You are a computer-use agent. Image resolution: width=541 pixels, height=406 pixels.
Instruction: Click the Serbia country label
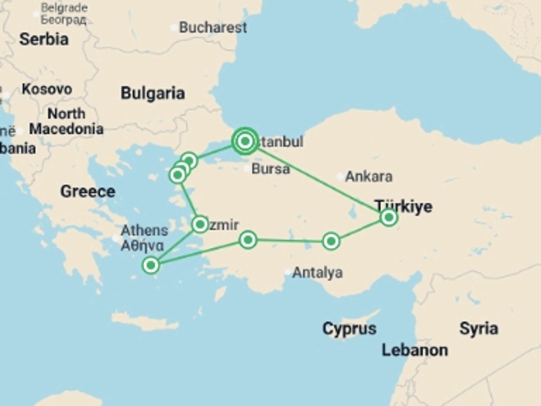[44, 39]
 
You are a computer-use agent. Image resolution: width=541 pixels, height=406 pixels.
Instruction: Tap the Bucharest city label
[213, 27]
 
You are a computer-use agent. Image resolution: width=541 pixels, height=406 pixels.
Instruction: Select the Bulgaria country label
[153, 93]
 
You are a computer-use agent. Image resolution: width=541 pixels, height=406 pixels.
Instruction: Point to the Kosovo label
[47, 89]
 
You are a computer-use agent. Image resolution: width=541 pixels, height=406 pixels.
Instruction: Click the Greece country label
[88, 191]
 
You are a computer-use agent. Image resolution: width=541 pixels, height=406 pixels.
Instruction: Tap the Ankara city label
[369, 176]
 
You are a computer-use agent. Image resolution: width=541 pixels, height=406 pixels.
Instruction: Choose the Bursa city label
[270, 169]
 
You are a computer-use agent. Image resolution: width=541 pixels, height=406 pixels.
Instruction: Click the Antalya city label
[317, 273]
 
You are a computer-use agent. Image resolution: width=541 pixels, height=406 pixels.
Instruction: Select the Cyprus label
[349, 328]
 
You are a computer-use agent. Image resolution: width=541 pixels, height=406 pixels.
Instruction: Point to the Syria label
[478, 328]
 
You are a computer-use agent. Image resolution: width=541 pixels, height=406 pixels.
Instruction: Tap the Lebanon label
[414, 350]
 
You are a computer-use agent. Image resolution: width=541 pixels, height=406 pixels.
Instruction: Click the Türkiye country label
[403, 206]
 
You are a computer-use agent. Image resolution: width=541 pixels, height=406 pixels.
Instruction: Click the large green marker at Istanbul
[245, 141]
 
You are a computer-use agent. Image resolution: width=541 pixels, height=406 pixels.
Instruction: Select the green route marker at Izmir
[200, 224]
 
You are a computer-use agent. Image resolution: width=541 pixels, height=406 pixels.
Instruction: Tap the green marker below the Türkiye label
[389, 217]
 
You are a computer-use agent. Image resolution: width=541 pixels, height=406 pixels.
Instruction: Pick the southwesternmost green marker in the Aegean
[151, 265]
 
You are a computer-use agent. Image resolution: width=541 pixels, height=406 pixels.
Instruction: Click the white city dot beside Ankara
[340, 177]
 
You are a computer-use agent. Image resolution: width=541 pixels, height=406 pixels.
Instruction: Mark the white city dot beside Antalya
[288, 272]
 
